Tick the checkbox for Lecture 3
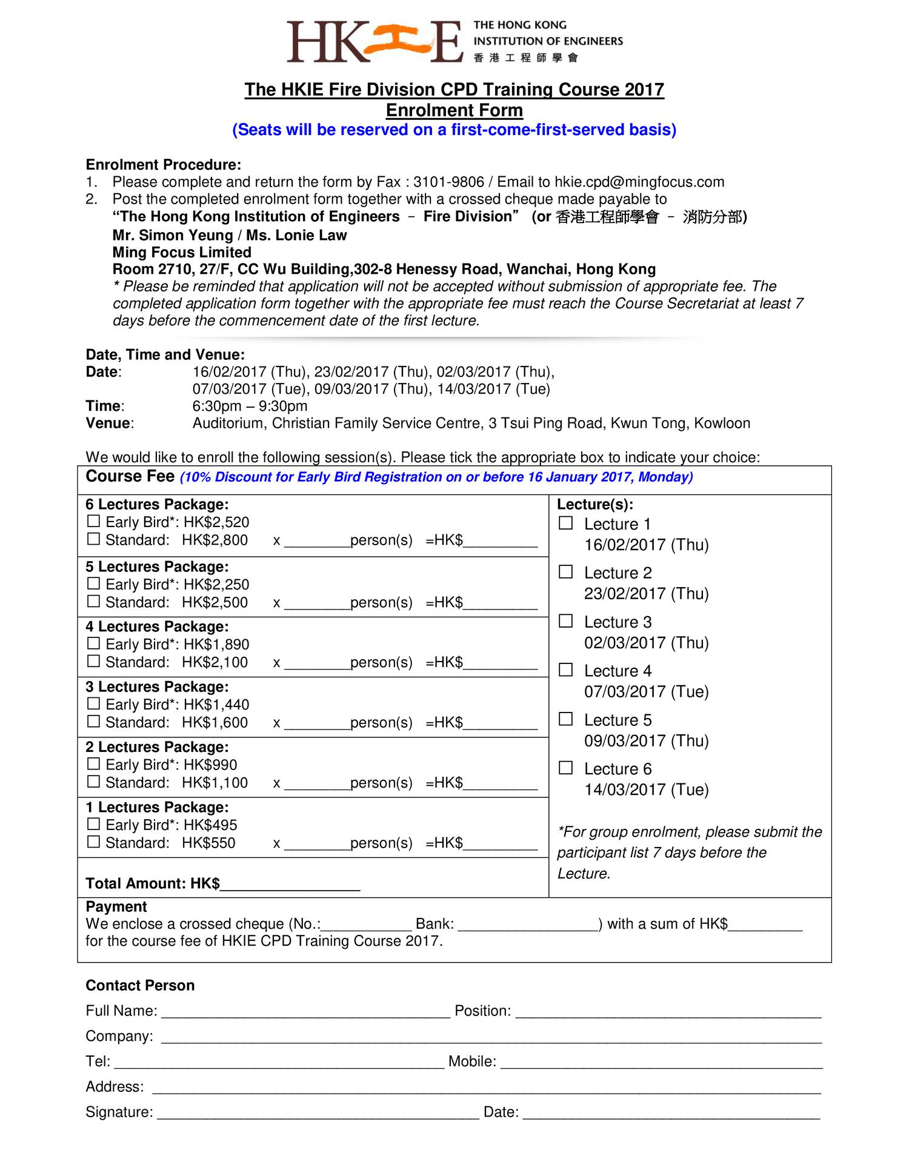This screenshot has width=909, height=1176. [565, 620]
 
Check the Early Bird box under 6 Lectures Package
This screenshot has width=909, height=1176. [93, 521]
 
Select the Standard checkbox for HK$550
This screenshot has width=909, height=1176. [93, 842]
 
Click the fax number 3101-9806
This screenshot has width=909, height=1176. [448, 182]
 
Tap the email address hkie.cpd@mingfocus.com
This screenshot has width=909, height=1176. [639, 182]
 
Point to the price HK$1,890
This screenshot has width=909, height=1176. [216, 644]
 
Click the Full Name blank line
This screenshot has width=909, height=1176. [305, 1011]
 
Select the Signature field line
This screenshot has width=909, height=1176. [318, 1112]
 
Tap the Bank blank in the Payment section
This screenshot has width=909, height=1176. [527, 924]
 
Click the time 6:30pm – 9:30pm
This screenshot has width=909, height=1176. [250, 406]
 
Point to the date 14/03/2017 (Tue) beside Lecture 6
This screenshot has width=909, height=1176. [646, 789]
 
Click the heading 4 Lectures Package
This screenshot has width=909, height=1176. [157, 626]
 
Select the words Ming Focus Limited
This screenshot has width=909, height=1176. [182, 252]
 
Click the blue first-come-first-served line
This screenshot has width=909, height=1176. [454, 130]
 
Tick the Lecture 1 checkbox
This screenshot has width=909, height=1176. [565, 523]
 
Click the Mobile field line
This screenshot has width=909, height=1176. [661, 1061]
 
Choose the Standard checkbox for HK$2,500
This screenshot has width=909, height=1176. [93, 601]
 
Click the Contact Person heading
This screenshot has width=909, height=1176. [140, 985]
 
